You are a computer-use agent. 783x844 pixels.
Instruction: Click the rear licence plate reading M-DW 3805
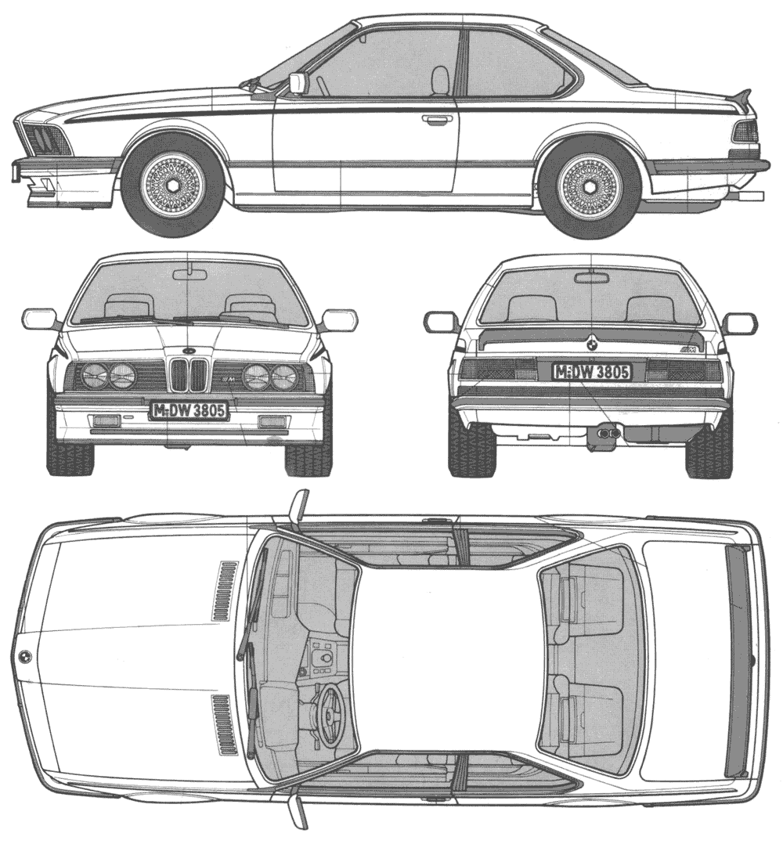(592, 371)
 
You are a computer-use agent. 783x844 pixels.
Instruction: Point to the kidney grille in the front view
(186, 374)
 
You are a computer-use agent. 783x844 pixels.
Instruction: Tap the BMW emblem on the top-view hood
(24, 657)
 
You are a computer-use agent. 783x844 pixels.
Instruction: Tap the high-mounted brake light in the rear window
(591, 278)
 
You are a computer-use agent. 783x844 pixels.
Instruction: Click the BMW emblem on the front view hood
(186, 350)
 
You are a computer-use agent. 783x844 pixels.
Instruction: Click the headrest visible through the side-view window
(440, 78)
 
